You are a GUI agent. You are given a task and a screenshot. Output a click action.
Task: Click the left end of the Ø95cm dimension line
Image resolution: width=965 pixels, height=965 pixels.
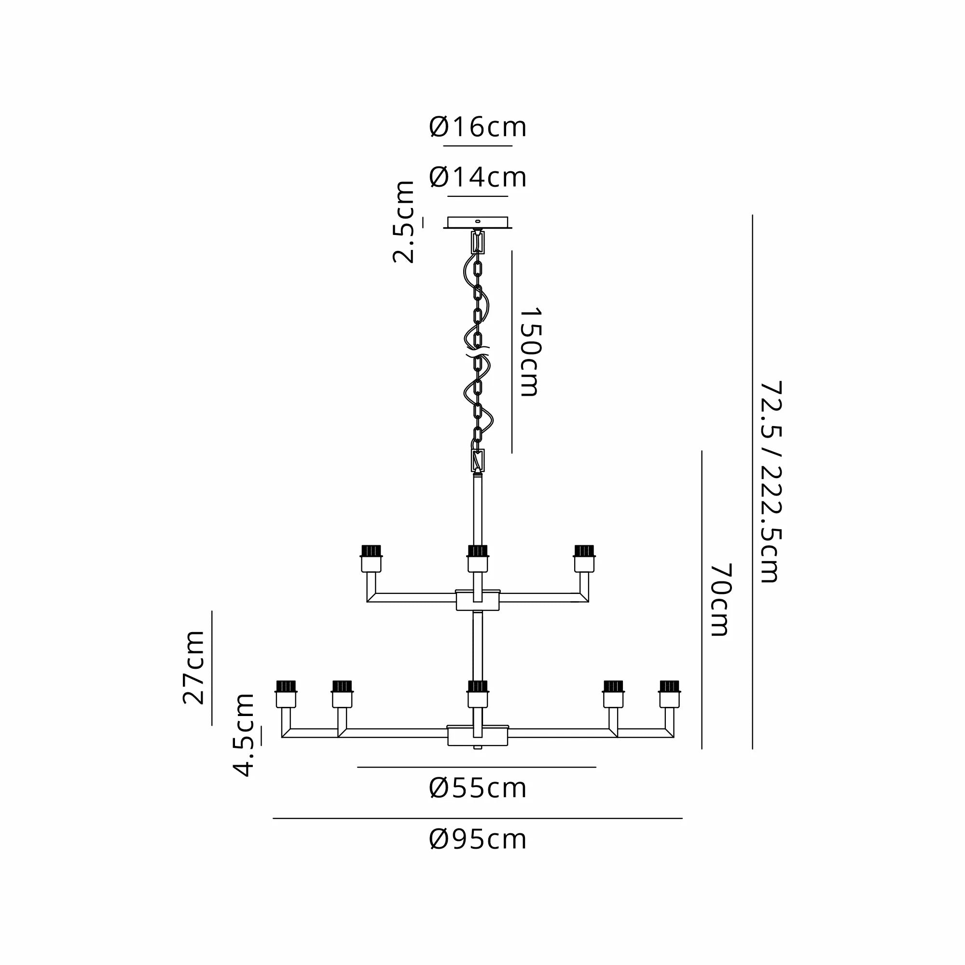[x=273, y=819]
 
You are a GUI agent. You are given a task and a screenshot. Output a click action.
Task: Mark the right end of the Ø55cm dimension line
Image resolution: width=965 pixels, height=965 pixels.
[x=596, y=767]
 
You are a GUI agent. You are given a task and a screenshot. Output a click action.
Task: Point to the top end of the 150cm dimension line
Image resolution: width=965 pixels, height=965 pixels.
[x=512, y=251]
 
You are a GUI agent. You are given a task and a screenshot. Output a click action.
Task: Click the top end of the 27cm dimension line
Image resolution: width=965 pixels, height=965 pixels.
[x=212, y=611]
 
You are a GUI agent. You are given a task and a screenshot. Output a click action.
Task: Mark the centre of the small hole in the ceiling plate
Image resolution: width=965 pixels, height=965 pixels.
[x=478, y=221]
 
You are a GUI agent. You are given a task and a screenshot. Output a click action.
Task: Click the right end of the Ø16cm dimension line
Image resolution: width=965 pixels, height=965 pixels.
[x=512, y=146]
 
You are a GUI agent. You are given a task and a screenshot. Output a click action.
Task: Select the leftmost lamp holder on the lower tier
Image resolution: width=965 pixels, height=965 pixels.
[x=286, y=694]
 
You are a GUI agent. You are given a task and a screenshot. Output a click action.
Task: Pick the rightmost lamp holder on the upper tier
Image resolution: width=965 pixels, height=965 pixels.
[x=584, y=558]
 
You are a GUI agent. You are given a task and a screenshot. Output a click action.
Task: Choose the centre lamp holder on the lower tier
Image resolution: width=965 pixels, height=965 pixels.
[x=478, y=694]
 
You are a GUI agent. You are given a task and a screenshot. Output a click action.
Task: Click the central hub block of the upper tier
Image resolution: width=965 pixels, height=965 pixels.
[x=478, y=600]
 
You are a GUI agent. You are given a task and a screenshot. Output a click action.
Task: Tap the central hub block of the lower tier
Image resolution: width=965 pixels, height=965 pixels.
[x=478, y=736]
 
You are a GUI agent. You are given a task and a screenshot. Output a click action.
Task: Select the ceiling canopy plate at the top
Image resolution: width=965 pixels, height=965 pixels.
[x=478, y=223]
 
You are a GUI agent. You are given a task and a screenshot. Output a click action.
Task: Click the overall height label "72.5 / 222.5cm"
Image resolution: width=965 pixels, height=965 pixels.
[x=770, y=482]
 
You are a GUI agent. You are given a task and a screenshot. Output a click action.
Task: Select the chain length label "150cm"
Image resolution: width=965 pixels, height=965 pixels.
[x=529, y=352]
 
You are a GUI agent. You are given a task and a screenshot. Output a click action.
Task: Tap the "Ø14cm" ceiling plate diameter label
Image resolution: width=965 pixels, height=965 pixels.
[x=478, y=177]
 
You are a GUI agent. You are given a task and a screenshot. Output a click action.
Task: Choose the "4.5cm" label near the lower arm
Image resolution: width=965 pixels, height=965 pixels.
[x=244, y=735]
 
